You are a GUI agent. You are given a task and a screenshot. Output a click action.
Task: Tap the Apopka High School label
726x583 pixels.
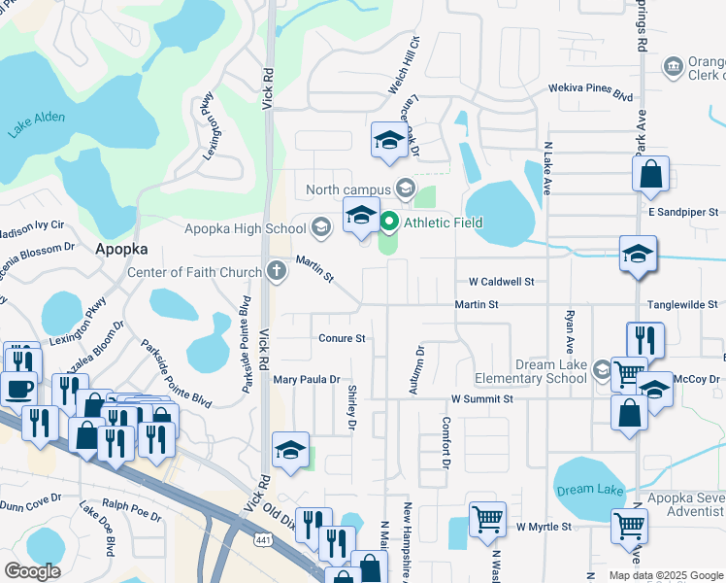point(246,229)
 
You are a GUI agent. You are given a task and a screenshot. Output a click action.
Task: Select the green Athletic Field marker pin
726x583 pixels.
point(390,223)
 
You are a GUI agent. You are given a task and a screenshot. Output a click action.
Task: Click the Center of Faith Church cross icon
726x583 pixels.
point(277,271)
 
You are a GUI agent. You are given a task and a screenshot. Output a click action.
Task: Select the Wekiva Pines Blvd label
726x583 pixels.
point(589,92)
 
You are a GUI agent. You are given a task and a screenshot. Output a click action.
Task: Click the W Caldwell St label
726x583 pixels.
point(501,282)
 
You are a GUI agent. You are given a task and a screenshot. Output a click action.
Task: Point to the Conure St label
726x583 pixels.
point(342,338)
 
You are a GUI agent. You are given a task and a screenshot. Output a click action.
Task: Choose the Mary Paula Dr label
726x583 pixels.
point(307,380)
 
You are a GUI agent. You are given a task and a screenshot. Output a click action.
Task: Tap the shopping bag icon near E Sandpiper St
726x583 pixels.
point(650,175)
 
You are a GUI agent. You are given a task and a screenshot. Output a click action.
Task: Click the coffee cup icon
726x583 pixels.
point(18,388)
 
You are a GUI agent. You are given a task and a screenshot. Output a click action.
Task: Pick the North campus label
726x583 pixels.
point(347,189)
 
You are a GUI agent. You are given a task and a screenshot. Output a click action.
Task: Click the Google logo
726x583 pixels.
point(33,571)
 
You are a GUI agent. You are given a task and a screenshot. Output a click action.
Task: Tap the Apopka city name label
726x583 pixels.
point(121,249)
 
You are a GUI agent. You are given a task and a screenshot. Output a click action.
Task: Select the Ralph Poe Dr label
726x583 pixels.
point(129,505)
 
